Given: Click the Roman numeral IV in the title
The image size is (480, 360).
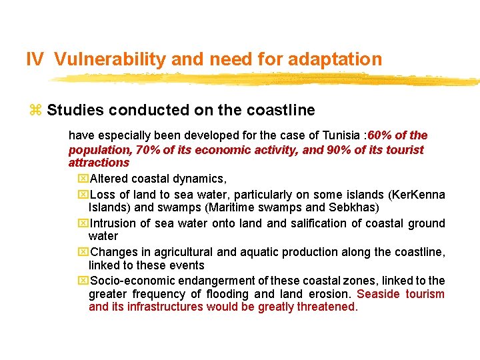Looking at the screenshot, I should click(x=35, y=59).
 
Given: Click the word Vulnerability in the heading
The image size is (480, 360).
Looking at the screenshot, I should click(x=110, y=59).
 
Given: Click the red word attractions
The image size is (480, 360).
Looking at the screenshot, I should click(x=99, y=163).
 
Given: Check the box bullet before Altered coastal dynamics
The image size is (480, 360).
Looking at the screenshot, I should click(x=83, y=179).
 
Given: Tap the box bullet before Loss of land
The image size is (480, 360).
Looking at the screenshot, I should click(x=83, y=195).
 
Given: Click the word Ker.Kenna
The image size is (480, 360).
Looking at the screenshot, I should click(x=418, y=195).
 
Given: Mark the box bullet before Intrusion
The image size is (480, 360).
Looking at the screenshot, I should click(x=83, y=223).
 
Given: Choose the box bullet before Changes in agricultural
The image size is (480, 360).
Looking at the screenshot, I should click(x=83, y=252).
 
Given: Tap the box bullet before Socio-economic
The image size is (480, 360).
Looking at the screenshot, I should click(x=83, y=281).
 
